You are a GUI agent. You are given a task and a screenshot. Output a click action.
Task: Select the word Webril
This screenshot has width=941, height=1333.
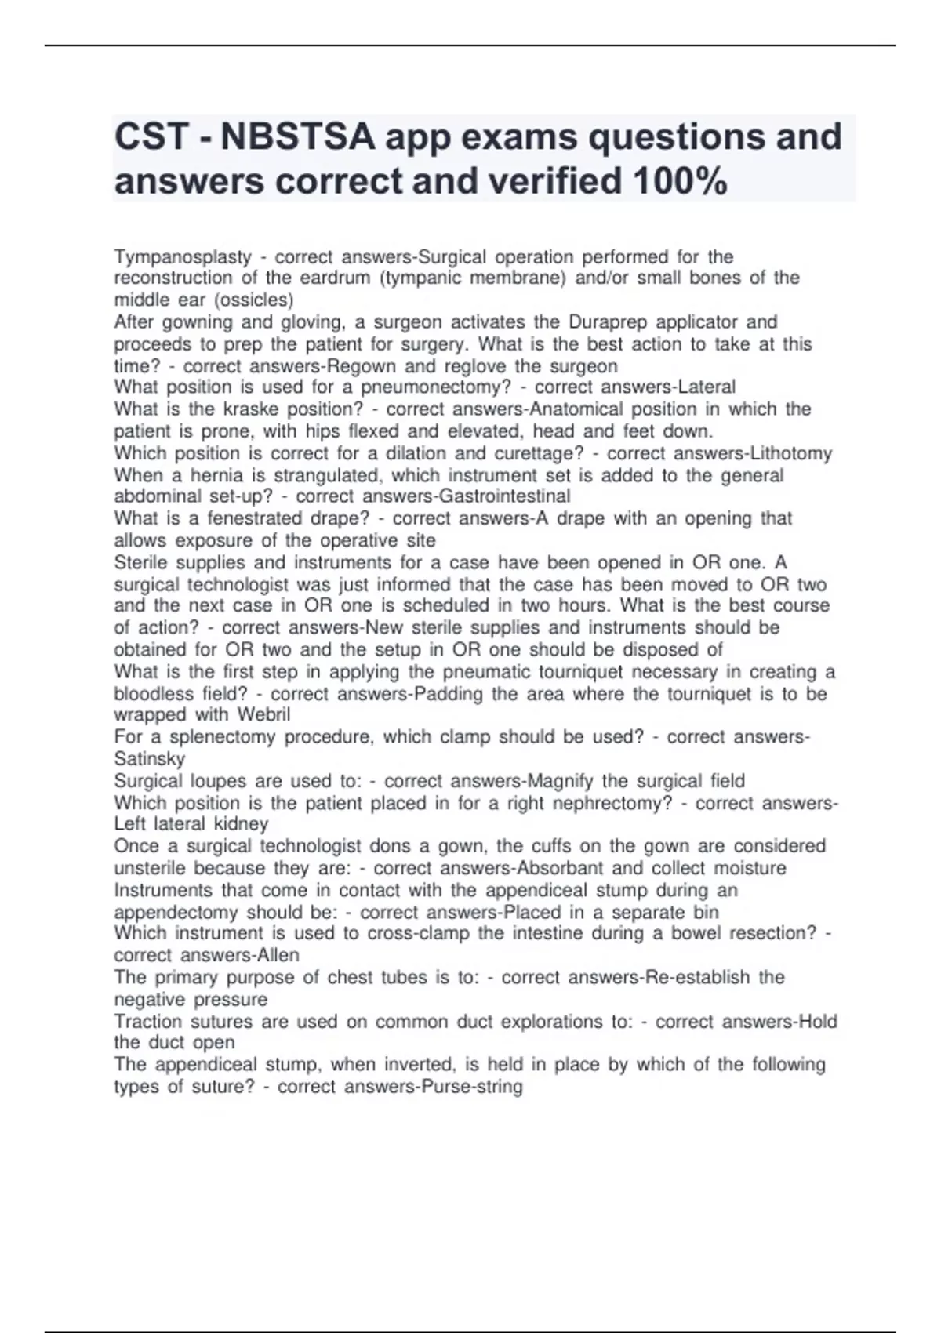tap(263, 715)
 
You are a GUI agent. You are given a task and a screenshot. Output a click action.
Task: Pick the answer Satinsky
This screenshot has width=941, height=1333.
tap(150, 759)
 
